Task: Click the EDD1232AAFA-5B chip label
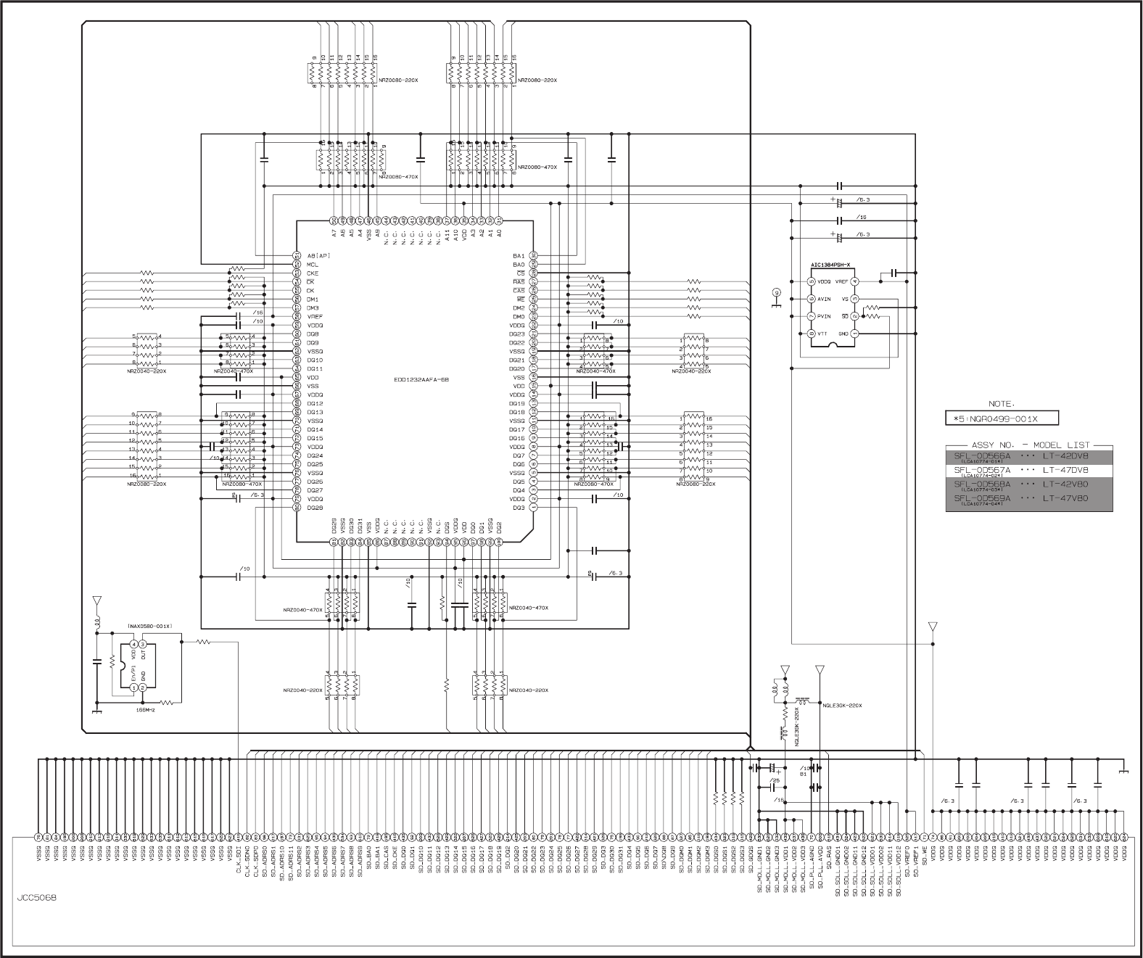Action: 415,381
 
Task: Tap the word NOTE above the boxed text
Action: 1002,404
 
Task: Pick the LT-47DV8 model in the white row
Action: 1065,470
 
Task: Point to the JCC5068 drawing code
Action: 37,897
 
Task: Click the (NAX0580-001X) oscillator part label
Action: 154,625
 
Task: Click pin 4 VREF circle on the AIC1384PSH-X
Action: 855,281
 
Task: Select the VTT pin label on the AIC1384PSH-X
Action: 823,334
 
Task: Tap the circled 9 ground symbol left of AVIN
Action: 776,293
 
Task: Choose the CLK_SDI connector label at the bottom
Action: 239,858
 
